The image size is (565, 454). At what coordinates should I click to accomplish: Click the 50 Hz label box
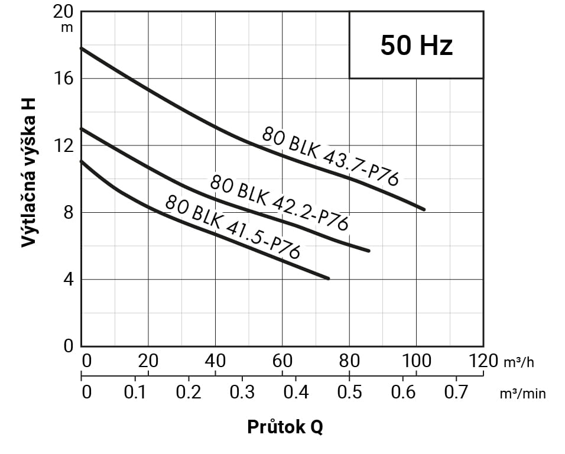point(416,46)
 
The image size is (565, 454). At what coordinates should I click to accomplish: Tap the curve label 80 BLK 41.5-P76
point(232,227)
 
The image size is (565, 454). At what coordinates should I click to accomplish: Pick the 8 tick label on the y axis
point(69,212)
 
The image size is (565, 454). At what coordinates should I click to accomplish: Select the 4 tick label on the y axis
point(69,279)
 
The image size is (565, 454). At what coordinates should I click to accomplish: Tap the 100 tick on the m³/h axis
point(416,361)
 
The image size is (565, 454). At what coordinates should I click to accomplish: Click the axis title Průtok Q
point(285,427)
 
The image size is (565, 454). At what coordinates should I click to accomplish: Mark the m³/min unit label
point(522,393)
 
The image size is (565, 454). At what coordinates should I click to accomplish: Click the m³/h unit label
point(519,362)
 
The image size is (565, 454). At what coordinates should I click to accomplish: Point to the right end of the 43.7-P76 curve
point(424,209)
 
